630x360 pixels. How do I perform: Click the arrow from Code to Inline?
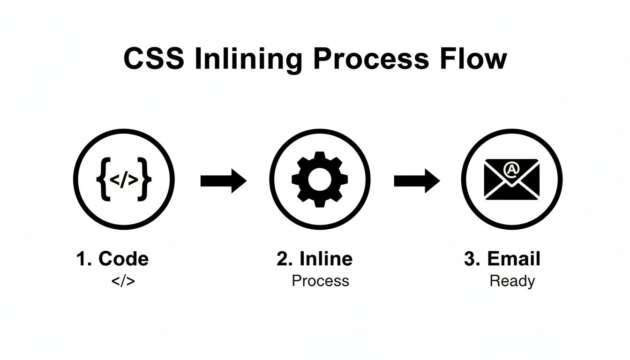tap(223, 180)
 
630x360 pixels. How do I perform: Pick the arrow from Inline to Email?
tap(416, 180)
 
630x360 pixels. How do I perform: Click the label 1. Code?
tap(112, 259)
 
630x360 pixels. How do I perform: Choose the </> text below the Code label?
tap(123, 281)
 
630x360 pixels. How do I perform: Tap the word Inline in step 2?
tap(325, 259)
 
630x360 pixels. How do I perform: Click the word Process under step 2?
tap(320, 281)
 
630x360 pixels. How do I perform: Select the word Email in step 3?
tap(514, 259)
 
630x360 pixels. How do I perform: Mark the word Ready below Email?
tap(512, 281)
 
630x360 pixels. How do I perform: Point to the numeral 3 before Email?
tap(470, 259)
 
